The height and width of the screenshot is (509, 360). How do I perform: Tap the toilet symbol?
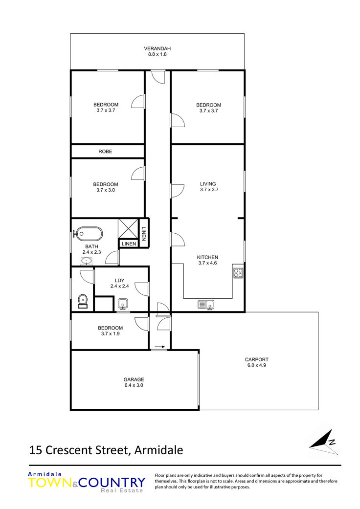tap(83, 301)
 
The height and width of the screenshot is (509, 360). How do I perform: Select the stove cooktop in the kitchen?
tap(238, 273)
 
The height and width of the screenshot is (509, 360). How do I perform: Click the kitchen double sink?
tap(206, 305)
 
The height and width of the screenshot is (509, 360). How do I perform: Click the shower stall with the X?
tap(128, 229)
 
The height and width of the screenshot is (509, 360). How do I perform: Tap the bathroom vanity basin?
tap(87, 261)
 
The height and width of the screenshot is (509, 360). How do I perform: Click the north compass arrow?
tap(323, 442)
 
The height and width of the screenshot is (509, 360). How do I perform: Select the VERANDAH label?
tap(157, 49)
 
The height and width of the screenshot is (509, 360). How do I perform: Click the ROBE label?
tap(105, 152)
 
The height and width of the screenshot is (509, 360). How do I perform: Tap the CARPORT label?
tap(256, 359)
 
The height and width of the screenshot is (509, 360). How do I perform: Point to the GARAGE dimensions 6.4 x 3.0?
tap(134, 385)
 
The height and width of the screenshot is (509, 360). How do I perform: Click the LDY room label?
tap(119, 281)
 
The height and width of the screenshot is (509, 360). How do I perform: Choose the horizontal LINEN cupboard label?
tap(129, 243)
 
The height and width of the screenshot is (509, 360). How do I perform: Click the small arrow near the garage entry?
tap(160, 347)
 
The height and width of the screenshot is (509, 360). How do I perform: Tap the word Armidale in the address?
tap(159, 450)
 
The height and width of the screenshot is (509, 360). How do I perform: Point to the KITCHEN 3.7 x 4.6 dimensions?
tap(207, 263)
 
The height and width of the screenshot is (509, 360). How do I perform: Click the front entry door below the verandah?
tap(158, 77)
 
